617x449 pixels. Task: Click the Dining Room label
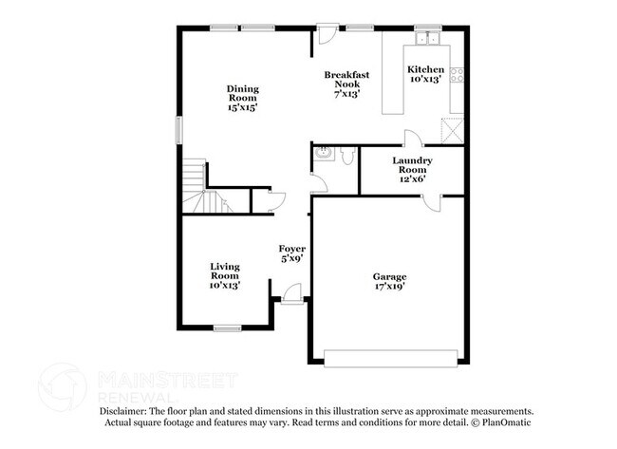(x=242, y=99)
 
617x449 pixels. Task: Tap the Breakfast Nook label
(x=346, y=84)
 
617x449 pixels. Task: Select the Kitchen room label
(x=424, y=74)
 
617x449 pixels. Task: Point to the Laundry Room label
(x=413, y=168)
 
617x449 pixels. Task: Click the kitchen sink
(x=427, y=39)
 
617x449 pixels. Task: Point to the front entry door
(x=291, y=296)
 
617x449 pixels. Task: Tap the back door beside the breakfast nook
(x=326, y=35)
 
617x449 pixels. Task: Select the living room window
(x=226, y=328)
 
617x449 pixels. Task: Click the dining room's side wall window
(x=178, y=129)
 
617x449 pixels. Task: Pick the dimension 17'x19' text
(x=389, y=286)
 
